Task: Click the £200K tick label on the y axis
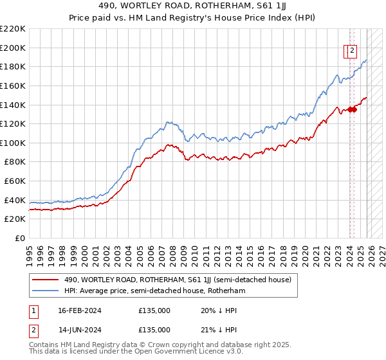click(13, 48)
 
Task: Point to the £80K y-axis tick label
click(15, 162)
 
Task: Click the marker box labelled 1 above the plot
click(347, 53)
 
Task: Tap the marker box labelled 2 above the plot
click(353, 53)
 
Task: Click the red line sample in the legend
click(44, 280)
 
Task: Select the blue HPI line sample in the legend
click(44, 291)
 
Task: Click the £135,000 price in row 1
click(154, 310)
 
